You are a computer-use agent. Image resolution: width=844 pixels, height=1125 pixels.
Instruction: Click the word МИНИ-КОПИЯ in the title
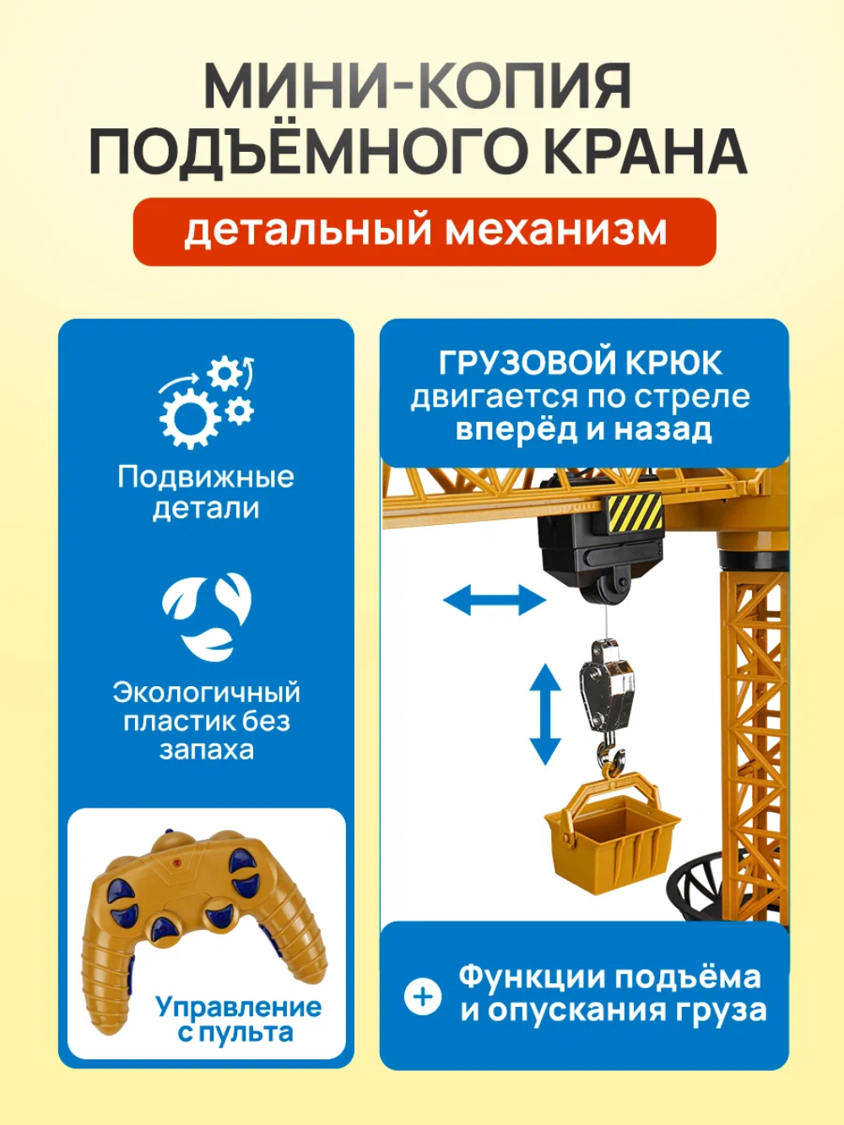[418, 85]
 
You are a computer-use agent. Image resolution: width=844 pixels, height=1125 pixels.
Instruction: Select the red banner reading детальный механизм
[425, 231]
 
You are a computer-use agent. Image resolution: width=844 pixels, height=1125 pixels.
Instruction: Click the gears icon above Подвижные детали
[207, 403]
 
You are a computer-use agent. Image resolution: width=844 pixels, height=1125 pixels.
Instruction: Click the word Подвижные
[206, 478]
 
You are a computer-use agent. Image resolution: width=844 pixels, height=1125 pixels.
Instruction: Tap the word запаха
[207, 749]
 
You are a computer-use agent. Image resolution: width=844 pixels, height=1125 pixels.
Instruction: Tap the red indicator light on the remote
[176, 863]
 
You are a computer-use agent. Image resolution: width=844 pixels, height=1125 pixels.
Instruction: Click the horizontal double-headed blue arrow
[495, 600]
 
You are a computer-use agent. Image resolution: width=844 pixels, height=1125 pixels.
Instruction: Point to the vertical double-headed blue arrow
[545, 715]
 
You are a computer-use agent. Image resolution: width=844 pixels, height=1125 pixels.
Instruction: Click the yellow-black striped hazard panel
[635, 514]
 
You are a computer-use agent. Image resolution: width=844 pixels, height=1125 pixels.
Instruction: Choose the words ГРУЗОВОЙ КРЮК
[580, 363]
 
